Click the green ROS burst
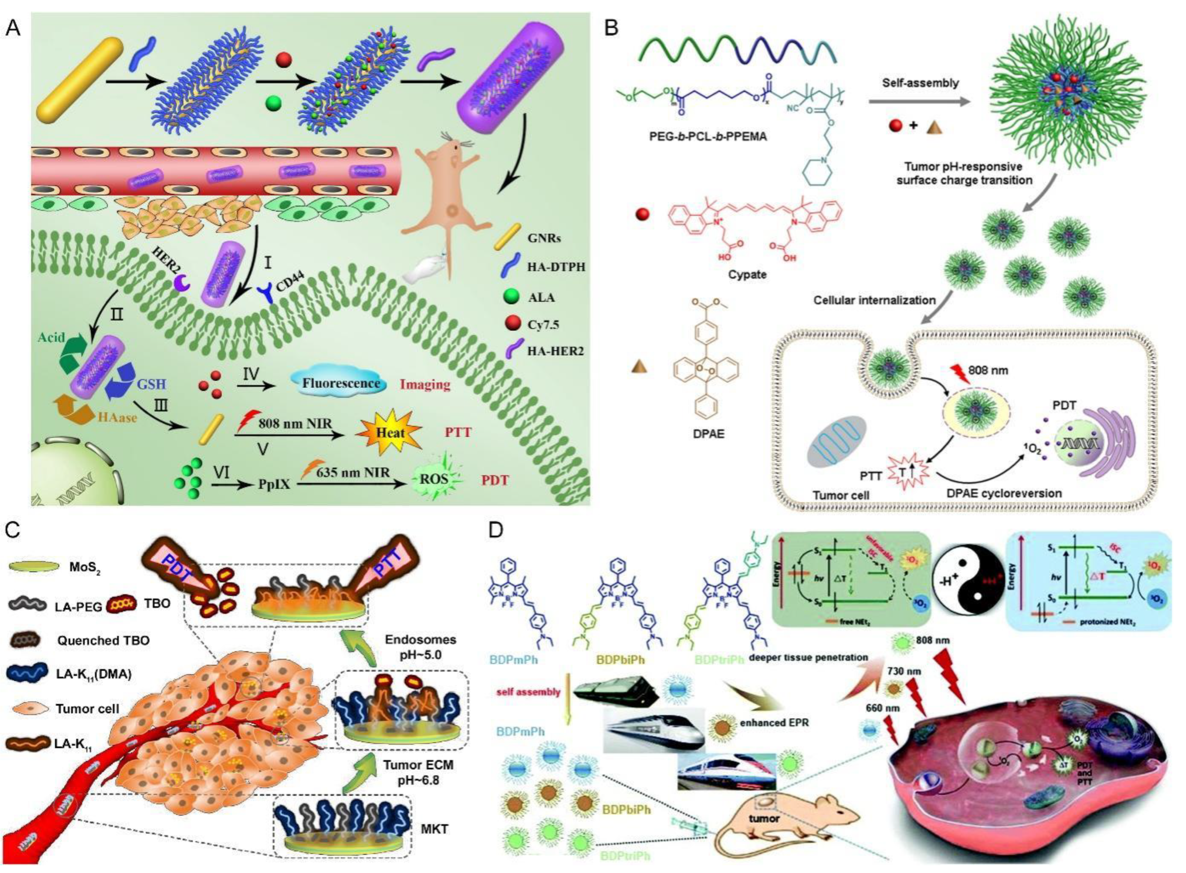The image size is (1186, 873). [x=434, y=479]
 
